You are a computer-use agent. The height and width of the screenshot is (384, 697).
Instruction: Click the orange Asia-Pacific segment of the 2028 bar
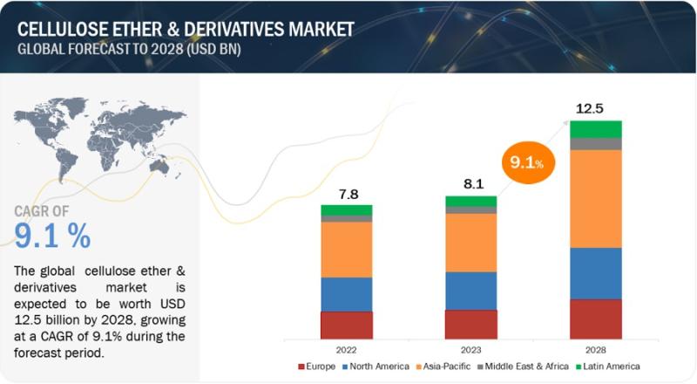click(596, 198)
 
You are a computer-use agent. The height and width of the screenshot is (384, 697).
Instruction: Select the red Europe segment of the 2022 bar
click(347, 325)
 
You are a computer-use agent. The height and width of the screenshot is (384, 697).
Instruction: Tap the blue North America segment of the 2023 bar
click(470, 290)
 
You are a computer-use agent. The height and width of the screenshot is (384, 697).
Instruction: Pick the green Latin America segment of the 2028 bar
click(596, 129)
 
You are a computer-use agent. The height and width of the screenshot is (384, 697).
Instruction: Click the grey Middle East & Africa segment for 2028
click(596, 144)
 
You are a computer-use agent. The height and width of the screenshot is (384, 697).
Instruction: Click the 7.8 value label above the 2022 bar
click(347, 193)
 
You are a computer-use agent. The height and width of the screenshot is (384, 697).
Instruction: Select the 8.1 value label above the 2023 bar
click(470, 184)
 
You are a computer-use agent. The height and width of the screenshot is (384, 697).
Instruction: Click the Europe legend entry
click(320, 366)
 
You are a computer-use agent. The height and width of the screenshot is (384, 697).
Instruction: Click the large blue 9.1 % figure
click(52, 235)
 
